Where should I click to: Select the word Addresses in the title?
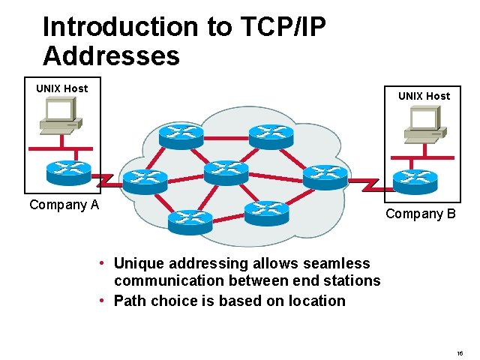pos(111,56)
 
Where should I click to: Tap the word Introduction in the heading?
pos(118,27)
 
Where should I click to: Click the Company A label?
pos(64,205)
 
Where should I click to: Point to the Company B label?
pos(420,214)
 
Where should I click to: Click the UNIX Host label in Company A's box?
pos(61,88)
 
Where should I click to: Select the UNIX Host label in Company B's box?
pos(424,96)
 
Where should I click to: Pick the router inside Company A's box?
pos(67,172)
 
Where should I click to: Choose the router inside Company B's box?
pos(415,179)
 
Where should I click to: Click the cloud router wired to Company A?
pos(144,180)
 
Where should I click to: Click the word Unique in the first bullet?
pos(137,263)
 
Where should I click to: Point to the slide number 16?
pos(460,352)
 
